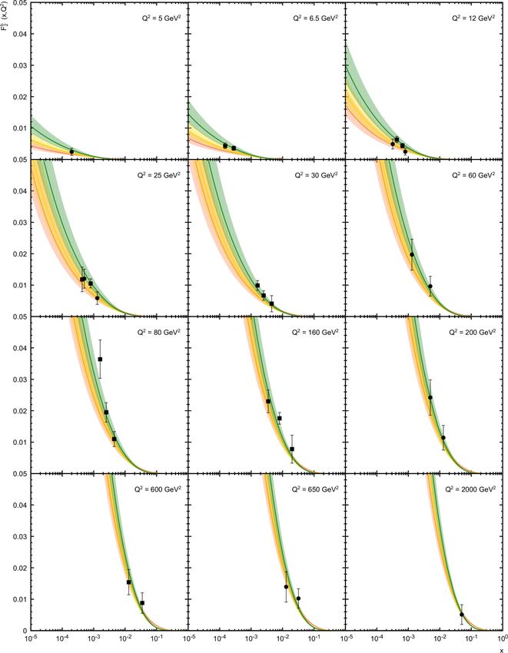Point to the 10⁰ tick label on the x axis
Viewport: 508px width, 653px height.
pos(501,638)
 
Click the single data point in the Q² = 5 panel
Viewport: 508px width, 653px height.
pos(71,151)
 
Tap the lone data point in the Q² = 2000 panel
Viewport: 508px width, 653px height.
pos(462,615)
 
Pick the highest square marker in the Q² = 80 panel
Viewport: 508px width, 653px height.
pos(100,360)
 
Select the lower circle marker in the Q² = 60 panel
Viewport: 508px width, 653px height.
pos(430,287)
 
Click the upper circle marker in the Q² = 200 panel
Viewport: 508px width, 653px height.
pos(430,398)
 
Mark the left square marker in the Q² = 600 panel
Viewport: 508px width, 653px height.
pos(128,582)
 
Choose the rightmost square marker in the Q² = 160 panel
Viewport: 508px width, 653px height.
pos(292,449)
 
